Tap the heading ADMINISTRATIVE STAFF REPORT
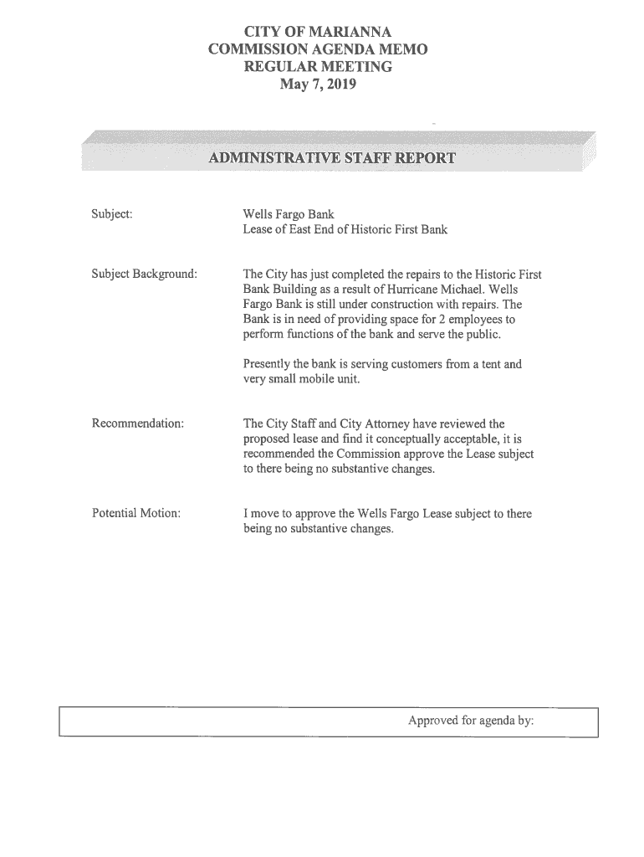click(x=332, y=157)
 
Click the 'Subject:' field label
click(x=111, y=215)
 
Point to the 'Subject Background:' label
click(x=145, y=274)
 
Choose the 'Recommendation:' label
click(x=137, y=424)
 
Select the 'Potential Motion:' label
click(x=135, y=513)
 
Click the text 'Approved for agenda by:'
click(x=471, y=721)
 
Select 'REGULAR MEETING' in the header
click(x=317, y=67)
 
